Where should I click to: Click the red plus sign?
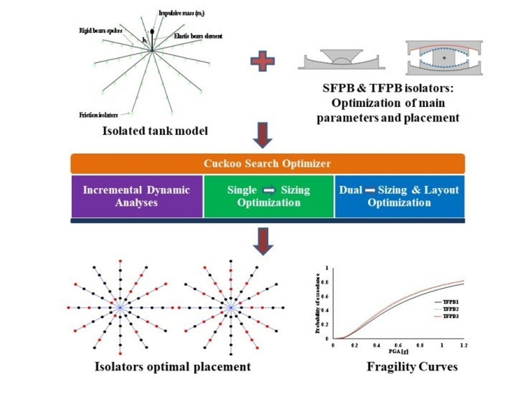(263, 62)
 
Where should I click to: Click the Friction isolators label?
(99, 114)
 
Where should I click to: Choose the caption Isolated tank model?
(155, 130)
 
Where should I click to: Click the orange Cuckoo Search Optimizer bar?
(267, 164)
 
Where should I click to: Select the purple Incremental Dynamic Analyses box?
(137, 196)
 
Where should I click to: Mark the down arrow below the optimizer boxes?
(263, 240)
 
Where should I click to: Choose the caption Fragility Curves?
(412, 367)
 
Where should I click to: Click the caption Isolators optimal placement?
(172, 367)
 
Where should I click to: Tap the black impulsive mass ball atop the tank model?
(153, 32)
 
